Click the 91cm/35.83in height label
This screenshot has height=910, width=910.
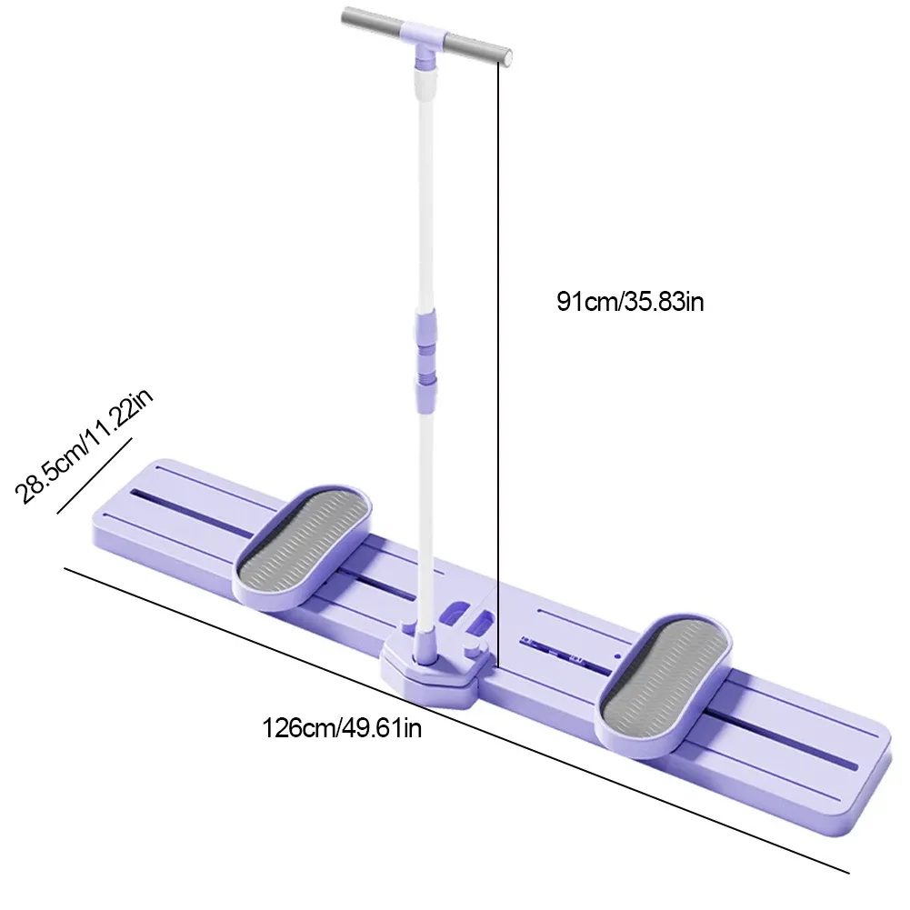point(630,301)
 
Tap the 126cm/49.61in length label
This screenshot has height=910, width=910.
point(342,727)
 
